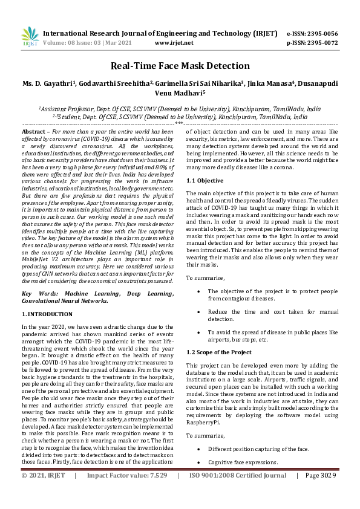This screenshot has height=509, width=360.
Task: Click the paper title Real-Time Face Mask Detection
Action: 180,66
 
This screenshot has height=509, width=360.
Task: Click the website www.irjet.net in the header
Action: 174,43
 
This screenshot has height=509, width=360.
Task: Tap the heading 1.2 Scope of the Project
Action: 218,352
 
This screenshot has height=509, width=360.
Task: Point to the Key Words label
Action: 38,294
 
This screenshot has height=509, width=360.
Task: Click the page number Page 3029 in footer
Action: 320,493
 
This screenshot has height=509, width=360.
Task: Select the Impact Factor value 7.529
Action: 156,493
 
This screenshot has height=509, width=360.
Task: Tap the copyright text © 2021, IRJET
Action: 44,493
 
